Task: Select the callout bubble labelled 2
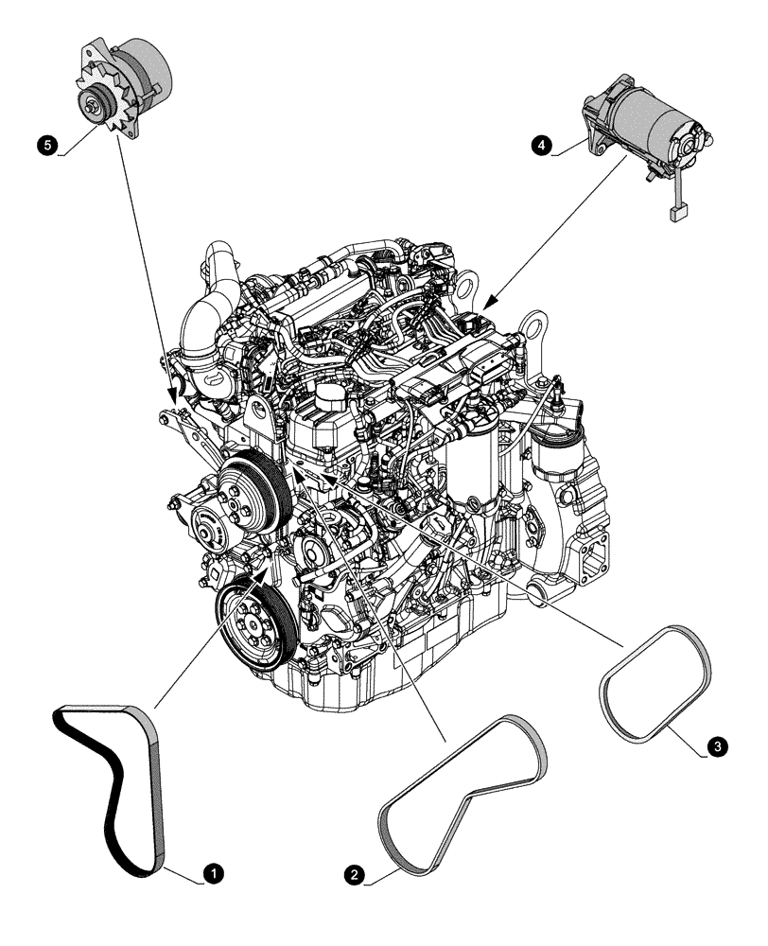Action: [355, 875]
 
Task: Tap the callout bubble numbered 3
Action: [718, 747]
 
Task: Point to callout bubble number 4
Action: [541, 145]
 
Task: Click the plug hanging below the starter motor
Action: [676, 214]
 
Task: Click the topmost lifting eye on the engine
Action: [466, 281]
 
